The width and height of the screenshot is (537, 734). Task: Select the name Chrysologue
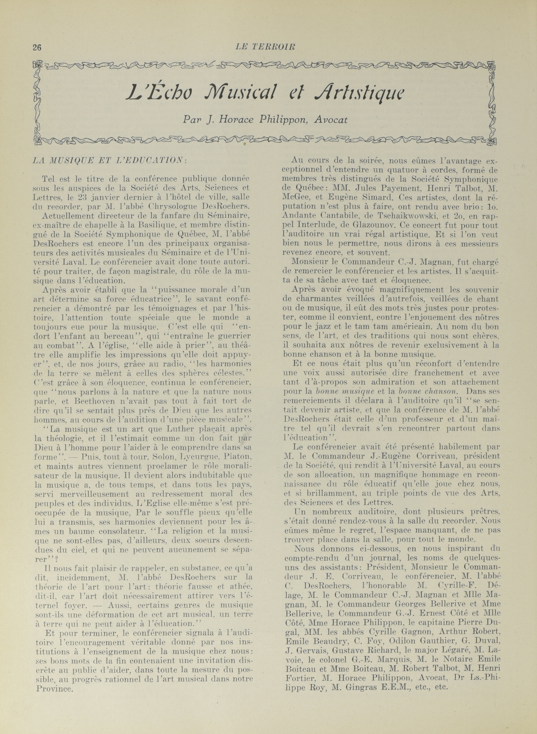pos(166,206)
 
